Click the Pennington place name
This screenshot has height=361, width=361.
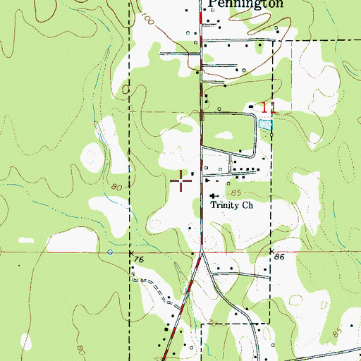pyautogui.click(x=246, y=4)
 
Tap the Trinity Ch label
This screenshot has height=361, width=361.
pyautogui.click(x=232, y=207)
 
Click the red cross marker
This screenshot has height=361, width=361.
pyautogui.click(x=182, y=181)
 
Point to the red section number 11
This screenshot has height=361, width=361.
pyautogui.click(x=265, y=108)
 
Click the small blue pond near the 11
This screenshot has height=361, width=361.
pyautogui.click(x=264, y=124)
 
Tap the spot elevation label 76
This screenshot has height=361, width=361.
pyautogui.click(x=137, y=260)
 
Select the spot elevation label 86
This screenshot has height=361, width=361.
pyautogui.click(x=279, y=259)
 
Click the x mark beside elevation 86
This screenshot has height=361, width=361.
pyautogui.click(x=271, y=250)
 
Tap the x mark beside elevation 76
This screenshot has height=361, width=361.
pyautogui.click(x=131, y=250)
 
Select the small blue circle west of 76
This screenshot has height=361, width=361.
pyautogui.click(x=109, y=252)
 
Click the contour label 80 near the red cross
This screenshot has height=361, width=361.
pyautogui.click(x=117, y=187)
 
